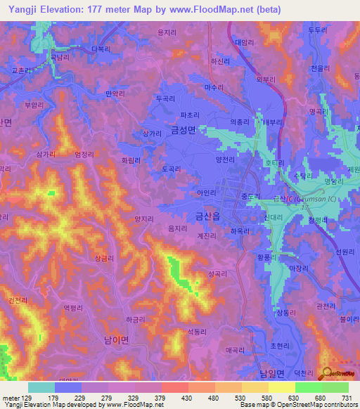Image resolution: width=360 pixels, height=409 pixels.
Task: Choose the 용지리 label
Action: tap(167, 32)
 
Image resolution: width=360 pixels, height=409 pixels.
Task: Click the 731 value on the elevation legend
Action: tap(347, 398)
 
